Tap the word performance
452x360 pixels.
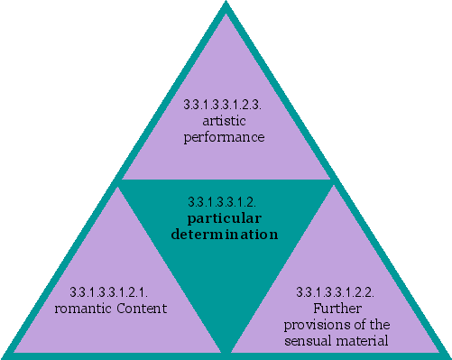pyautogui.click(x=225, y=138)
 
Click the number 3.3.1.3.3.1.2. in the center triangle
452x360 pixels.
pyautogui.click(x=225, y=202)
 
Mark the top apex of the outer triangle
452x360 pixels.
pyautogui.click(x=226, y=3)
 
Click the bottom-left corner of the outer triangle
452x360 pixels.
pyautogui.click(x=5, y=355)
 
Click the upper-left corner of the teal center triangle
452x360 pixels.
pyautogui.click(x=120, y=181)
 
